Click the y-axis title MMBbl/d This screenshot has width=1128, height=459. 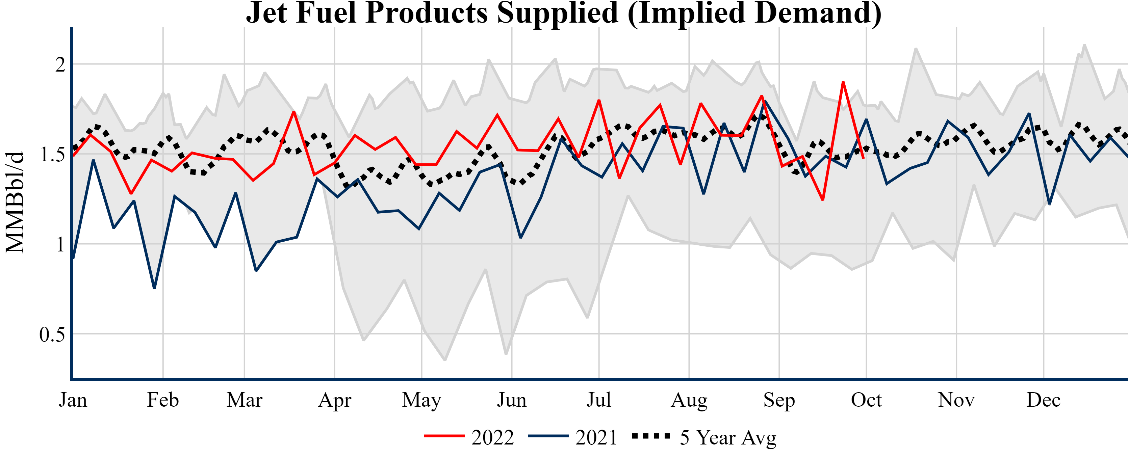point(15,202)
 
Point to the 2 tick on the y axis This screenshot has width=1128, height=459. point(60,65)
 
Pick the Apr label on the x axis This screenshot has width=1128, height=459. point(335,400)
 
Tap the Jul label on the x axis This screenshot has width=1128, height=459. point(598,400)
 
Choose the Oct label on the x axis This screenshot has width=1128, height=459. point(866,400)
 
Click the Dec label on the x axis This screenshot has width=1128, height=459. point(1044,400)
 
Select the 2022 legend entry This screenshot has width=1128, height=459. point(469,437)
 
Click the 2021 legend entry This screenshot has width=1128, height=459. point(573,437)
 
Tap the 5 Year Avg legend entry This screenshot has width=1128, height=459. point(704,437)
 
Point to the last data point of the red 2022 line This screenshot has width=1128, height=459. point(863,158)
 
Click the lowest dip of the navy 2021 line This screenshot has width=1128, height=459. point(154,288)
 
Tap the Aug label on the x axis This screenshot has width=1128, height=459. point(689,400)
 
